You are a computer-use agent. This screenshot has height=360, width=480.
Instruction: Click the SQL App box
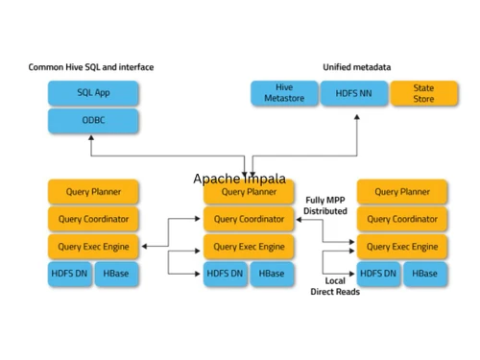coord(93,93)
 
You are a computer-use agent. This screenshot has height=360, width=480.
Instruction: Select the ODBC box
coord(93,121)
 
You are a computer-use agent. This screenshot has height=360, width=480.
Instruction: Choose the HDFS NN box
coord(354,93)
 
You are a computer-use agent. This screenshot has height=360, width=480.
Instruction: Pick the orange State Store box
coord(423,93)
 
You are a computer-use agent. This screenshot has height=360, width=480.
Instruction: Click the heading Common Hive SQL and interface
coord(91,67)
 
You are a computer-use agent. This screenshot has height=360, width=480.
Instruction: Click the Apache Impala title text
coord(239,180)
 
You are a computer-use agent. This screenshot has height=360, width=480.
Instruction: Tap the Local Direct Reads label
coord(335,286)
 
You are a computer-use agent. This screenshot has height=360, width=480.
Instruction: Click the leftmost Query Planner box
coord(93,192)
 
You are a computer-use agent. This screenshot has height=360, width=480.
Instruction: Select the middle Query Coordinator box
coord(249,219)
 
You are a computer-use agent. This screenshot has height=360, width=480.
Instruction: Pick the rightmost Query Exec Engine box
coord(401,246)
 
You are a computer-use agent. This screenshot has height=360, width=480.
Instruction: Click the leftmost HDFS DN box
coord(69,274)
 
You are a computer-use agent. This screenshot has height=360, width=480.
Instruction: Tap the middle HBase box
coord(272,274)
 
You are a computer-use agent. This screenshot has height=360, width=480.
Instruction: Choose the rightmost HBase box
coord(425,274)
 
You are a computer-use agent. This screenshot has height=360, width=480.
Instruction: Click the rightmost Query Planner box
coord(401,192)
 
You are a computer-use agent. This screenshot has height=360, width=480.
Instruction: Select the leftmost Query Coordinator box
coord(93,219)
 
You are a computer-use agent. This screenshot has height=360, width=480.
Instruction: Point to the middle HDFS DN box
coord(226,274)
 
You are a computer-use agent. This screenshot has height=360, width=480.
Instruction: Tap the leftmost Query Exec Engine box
coord(93,246)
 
